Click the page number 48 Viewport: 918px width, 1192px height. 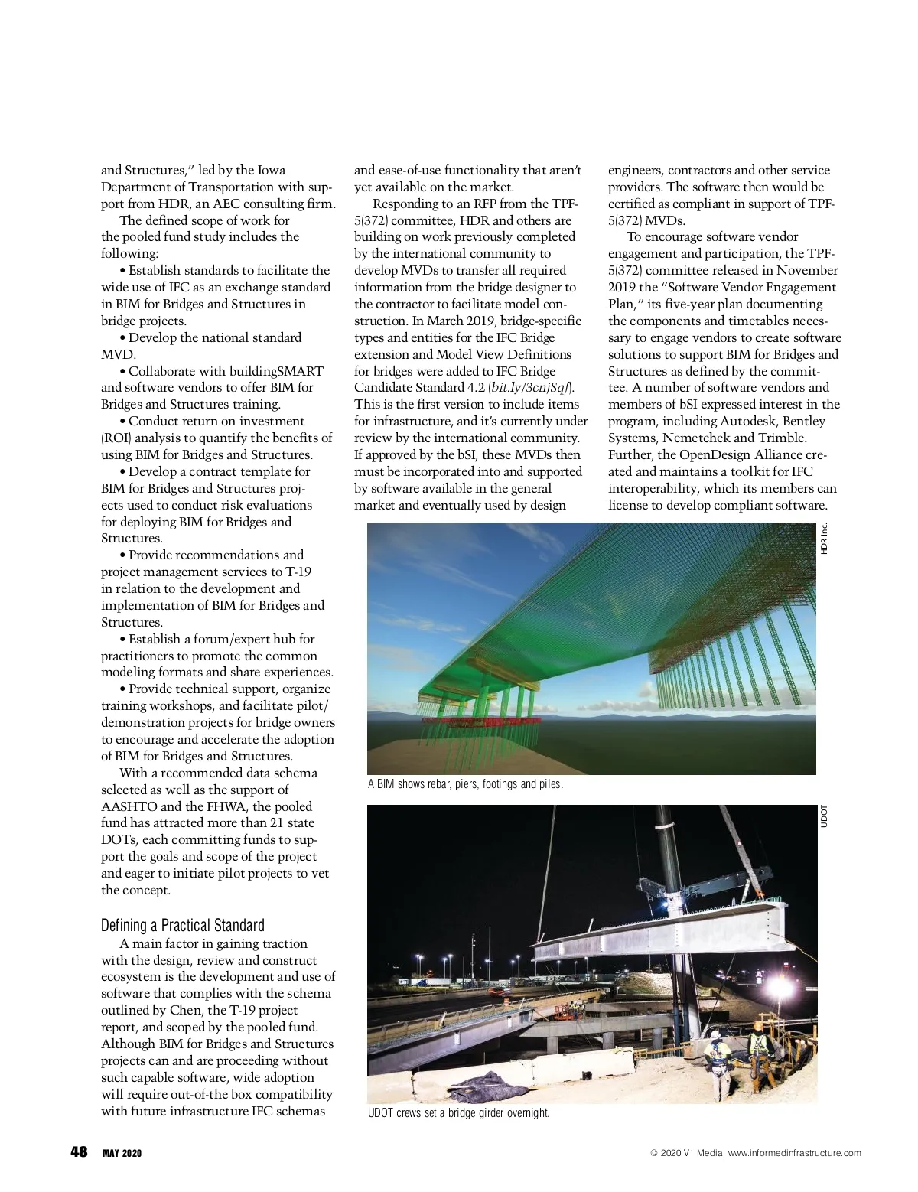(x=78, y=1151)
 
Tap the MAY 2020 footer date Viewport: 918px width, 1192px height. (x=122, y=1153)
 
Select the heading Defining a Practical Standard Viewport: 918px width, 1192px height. (x=182, y=925)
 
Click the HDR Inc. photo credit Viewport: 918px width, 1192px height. (x=824, y=539)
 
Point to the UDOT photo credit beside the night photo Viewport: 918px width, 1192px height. (x=824, y=816)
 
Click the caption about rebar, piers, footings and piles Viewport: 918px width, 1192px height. (x=465, y=784)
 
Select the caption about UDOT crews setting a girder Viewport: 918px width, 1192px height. (x=458, y=1112)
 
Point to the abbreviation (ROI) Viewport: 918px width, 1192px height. (x=115, y=438)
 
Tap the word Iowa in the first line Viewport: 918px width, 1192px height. (x=272, y=170)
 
